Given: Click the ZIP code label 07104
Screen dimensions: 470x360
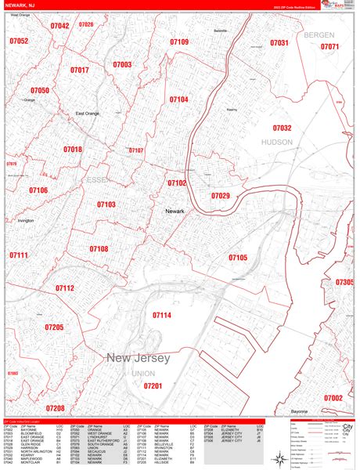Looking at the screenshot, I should click(178, 99).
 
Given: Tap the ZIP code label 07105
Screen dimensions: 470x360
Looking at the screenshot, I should click(238, 257).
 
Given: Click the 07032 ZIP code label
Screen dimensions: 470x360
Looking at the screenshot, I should click(282, 128).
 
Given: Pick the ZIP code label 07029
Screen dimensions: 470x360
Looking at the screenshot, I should click(221, 196).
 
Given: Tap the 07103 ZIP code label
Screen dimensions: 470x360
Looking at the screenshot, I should click(106, 204).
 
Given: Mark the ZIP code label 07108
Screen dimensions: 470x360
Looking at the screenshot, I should click(99, 249).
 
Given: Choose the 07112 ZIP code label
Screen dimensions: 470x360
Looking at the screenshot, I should click(64, 288).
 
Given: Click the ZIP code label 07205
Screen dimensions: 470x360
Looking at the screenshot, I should click(54, 327).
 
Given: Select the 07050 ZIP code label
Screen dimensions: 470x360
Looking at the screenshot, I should click(40, 91).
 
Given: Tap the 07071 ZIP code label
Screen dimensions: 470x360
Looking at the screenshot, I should click(330, 47).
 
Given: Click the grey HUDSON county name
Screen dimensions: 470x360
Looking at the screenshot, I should click(277, 143).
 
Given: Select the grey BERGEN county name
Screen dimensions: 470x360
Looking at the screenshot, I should click(319, 35).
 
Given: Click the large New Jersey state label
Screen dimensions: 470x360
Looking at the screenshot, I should click(139, 358).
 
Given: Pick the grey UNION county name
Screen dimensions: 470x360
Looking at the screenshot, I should click(142, 374).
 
